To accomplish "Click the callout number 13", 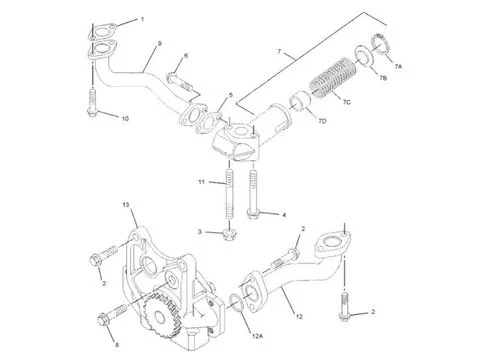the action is tap(125, 205).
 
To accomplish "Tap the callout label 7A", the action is tap(398, 67).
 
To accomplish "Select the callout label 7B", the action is tap(383, 79).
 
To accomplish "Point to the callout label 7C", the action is tap(347, 102).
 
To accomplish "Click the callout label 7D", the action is tap(322, 121).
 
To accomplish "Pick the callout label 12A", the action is tap(257, 336).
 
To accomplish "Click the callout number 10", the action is tap(125, 119).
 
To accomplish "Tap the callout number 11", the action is tap(201, 182).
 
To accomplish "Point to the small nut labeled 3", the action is tap(229, 235).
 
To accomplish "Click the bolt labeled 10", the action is tap(92, 102).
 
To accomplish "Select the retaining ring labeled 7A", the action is tap(379, 43).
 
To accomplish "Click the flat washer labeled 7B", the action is tap(363, 56).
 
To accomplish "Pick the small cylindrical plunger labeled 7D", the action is tap(300, 101).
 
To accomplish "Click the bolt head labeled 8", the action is tap(103, 320).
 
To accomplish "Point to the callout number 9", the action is tap(160, 44).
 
